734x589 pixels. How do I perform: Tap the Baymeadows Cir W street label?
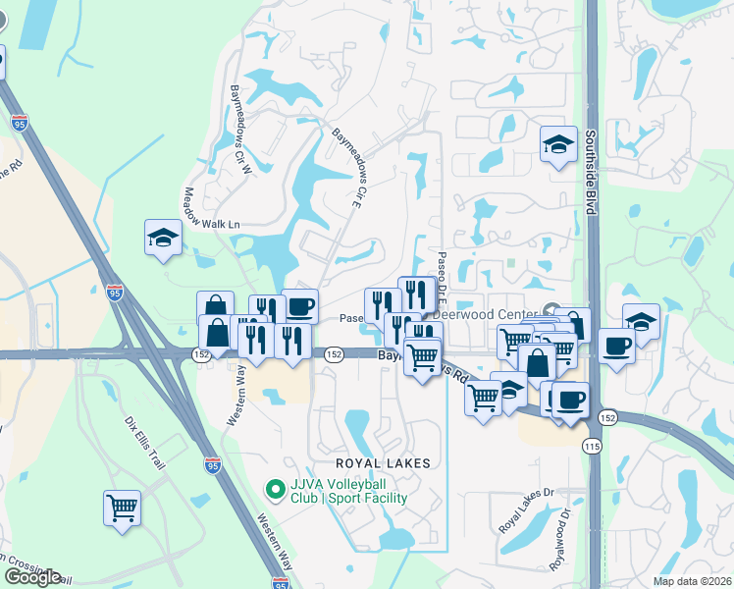240,129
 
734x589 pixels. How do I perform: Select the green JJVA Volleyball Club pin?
277,488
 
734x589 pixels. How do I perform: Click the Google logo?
31,577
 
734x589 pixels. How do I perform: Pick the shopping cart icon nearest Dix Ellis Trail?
122,509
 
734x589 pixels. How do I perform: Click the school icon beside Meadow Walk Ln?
163,238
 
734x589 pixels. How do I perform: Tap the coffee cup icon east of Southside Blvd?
616,345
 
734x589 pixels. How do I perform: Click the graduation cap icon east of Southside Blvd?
641,322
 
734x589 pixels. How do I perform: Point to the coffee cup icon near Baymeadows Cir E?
300,306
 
